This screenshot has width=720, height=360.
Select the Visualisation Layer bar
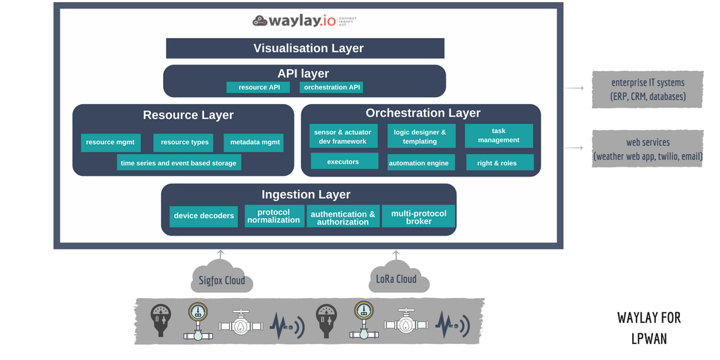(305, 49)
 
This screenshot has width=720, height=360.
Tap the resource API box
(258, 88)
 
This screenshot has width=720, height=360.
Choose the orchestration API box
(331, 88)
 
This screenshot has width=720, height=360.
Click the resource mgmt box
(110, 143)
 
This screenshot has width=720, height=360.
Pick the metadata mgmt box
(253, 143)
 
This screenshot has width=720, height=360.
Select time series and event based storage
(179, 163)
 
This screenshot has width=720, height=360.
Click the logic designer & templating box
(420, 136)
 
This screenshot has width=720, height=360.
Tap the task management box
(499, 136)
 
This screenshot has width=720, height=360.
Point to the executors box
(342, 162)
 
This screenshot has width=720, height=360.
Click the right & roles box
(499, 163)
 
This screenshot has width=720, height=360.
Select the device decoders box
(204, 216)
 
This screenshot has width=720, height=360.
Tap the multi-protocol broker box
(418, 217)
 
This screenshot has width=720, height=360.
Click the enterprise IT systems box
(648, 89)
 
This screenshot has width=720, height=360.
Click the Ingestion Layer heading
(306, 195)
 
